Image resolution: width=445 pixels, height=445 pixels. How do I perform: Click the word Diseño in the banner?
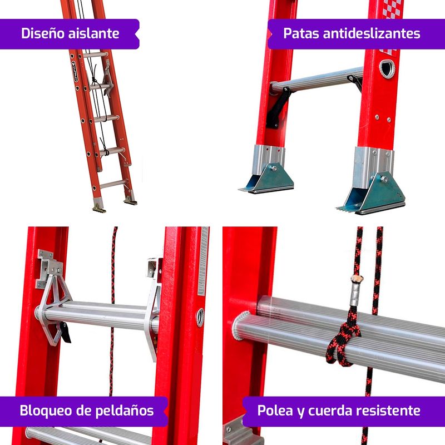click(43, 33)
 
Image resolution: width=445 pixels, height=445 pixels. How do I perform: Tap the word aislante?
click(94, 33)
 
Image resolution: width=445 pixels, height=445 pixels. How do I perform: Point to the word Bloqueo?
click(46, 411)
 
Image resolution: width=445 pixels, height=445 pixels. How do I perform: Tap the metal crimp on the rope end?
click(355, 293)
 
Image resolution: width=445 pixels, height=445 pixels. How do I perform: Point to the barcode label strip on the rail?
click(204, 261)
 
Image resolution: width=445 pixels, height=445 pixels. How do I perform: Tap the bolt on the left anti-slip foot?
click(274, 169)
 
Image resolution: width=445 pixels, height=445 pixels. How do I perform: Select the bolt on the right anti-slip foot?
click(384, 179)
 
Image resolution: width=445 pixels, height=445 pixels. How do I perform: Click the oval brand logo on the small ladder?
click(75, 72)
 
